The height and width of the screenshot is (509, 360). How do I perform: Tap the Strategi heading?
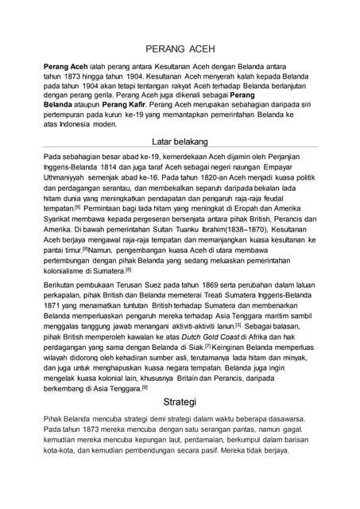[180, 402]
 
